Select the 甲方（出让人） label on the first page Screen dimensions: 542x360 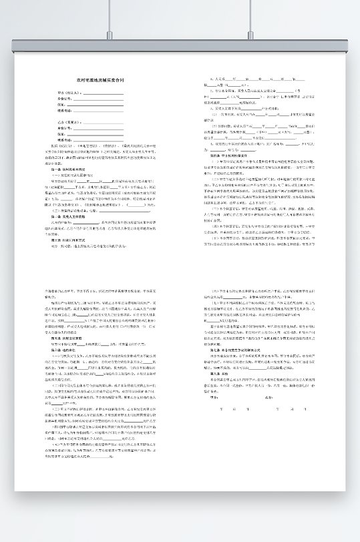(67, 93)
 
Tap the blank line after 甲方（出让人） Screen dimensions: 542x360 (100, 94)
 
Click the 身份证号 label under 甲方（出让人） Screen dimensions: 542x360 (64, 99)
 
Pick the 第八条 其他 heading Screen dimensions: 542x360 (220, 374)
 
